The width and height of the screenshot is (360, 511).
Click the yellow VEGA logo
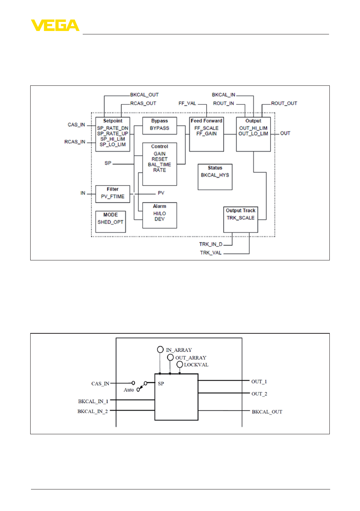pos(55,25)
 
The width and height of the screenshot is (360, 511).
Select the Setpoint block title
pos(113,121)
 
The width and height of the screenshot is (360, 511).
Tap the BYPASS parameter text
pos(159,128)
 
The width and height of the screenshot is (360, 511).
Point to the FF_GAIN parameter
pos(206,134)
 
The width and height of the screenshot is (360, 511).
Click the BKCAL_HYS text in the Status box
pos(215,175)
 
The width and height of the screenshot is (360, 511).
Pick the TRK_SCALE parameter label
pos(241,218)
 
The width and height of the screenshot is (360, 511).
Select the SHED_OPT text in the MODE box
pos(110,222)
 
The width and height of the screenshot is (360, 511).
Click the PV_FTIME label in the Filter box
pos(113,197)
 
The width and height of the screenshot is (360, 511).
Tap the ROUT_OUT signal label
pos(284,104)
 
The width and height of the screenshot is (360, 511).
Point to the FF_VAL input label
pos(187,104)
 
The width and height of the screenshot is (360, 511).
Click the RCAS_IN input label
pos(75,142)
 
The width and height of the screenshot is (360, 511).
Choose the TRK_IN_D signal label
pos(211,244)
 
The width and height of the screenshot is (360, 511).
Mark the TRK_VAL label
pos(211,253)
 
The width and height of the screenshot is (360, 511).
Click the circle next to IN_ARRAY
pos(160,349)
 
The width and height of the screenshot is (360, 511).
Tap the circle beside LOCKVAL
pos(180,365)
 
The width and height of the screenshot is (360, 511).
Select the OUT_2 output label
pos(259,394)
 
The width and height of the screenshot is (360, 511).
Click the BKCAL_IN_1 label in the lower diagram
pos(93,401)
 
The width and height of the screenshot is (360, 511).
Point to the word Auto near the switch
pos(129,390)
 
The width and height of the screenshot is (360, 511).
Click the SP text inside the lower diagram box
pos(161,384)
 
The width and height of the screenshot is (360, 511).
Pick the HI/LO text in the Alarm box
pos(159,214)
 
